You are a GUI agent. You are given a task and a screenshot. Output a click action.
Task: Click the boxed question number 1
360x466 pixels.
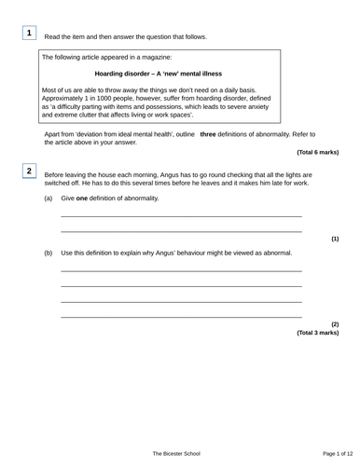click(30, 34)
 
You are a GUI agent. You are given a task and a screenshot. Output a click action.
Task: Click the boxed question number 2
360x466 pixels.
click(30, 171)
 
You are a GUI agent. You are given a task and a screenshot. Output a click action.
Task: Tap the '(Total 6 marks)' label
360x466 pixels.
click(317, 151)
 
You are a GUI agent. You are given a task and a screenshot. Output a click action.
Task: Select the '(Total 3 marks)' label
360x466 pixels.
click(317, 332)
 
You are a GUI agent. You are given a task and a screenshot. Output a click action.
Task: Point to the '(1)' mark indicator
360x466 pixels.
click(335, 239)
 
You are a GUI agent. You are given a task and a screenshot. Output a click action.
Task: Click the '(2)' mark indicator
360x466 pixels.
click(335, 323)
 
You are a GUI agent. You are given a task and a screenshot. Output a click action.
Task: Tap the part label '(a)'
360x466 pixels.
click(48, 199)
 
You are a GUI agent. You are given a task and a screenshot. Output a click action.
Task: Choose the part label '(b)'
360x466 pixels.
click(48, 253)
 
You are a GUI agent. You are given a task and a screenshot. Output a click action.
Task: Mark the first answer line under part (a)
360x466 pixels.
click(181, 216)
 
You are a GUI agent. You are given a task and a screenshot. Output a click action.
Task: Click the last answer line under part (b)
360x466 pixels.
click(181, 318)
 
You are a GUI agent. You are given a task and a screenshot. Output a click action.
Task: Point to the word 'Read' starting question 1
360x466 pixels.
click(53, 37)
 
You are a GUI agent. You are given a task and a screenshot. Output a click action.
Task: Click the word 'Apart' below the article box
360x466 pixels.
click(54, 134)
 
